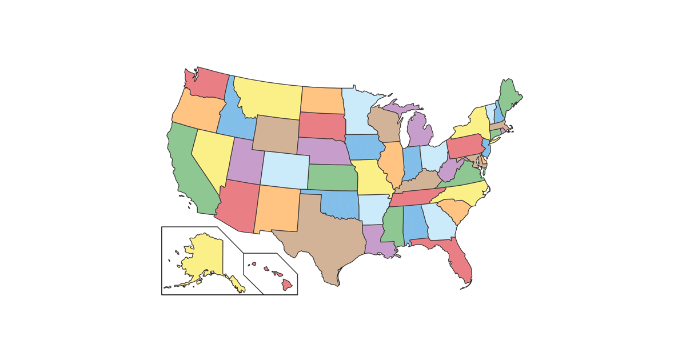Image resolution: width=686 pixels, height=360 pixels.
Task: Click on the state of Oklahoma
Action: pyautogui.click(x=340, y=205)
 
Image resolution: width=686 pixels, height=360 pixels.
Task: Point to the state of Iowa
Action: pyautogui.click(x=365, y=147)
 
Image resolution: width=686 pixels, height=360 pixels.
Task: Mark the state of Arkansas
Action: pyautogui.click(x=374, y=209)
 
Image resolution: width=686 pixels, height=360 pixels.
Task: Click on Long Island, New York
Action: pyautogui.click(x=495, y=140)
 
